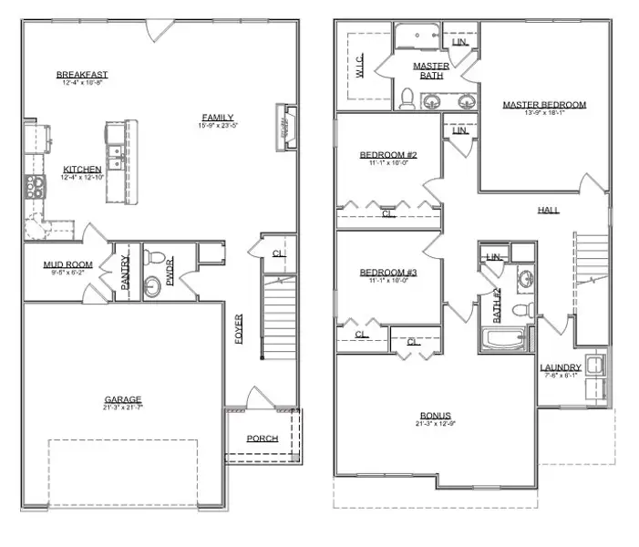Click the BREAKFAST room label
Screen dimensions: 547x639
tap(81, 75)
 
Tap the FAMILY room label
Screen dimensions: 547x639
tap(218, 117)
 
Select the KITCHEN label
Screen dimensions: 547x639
tap(82, 170)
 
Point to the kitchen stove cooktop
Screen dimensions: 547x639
tap(34, 187)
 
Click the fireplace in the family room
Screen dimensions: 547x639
tap(285, 123)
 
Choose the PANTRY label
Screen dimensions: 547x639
tap(125, 272)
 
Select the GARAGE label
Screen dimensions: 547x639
tap(123, 399)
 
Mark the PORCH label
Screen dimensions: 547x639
tap(263, 439)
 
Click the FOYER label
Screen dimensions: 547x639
tap(239, 329)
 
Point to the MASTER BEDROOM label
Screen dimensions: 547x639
tap(544, 105)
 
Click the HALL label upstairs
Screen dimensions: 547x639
tap(548, 210)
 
